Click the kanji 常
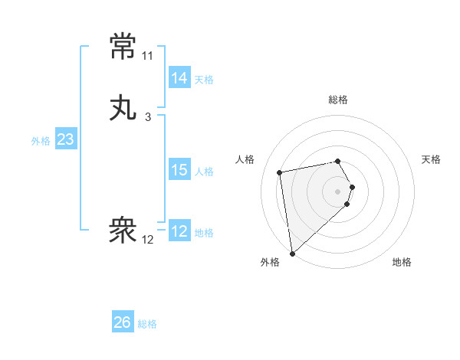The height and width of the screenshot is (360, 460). pyautogui.click(x=123, y=47)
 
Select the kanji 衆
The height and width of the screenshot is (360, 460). pyautogui.click(x=123, y=229)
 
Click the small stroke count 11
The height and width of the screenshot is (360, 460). pyautogui.click(x=147, y=56)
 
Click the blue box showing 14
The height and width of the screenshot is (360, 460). pyautogui.click(x=179, y=78)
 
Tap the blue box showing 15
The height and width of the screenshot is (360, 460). pyautogui.click(x=179, y=170)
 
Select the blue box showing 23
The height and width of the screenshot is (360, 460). pyautogui.click(x=65, y=139)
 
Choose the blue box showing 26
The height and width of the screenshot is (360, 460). pyautogui.click(x=122, y=322)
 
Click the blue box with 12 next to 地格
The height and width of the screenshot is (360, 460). pyautogui.click(x=179, y=231)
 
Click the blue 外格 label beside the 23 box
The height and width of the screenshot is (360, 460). pyautogui.click(x=41, y=141)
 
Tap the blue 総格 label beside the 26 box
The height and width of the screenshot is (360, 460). pyautogui.click(x=147, y=324)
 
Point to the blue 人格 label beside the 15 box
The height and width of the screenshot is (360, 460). pyautogui.click(x=204, y=172)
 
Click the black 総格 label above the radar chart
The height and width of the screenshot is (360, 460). pyautogui.click(x=338, y=100)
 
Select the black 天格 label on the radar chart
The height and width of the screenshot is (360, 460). pyautogui.click(x=431, y=159)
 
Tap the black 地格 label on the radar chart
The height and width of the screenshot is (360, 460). pyautogui.click(x=402, y=262)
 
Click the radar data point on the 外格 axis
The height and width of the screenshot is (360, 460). pyautogui.click(x=291, y=253)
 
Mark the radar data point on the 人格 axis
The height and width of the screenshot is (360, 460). pyautogui.click(x=280, y=172)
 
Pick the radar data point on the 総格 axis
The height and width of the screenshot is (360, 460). pyautogui.click(x=338, y=161)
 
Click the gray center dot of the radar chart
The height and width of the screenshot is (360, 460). pyautogui.click(x=338, y=191)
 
